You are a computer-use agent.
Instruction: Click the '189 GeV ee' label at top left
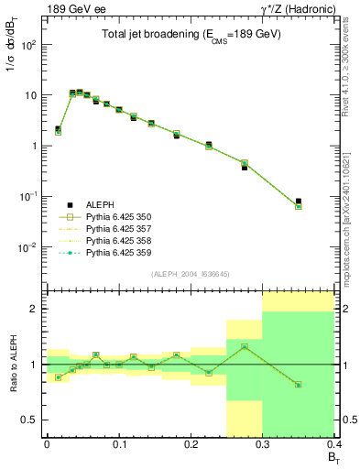point(67,9)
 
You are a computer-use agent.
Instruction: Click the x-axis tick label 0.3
point(262,443)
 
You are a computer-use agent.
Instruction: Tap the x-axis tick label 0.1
point(118,443)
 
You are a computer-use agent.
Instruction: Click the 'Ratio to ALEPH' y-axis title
point(14,365)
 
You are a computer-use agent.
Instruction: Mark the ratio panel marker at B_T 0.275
point(245,347)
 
